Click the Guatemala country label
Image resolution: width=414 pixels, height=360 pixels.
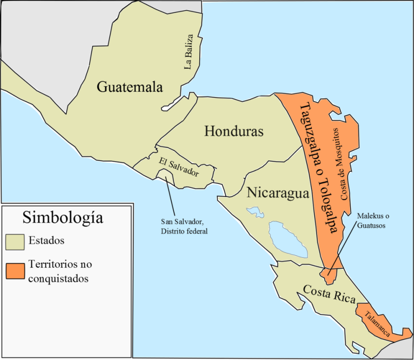pos(130,87)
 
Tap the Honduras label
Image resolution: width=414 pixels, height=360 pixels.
pos(234,131)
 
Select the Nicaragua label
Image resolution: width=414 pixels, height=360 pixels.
pos(277,193)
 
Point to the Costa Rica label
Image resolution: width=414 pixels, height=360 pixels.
pos(329,293)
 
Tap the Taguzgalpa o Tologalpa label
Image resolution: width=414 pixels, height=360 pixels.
pos(317,168)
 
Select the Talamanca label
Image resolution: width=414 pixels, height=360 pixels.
pos(375,321)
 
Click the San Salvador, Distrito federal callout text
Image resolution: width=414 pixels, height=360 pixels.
pos(183,227)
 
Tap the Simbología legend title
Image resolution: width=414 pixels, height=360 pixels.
pos(62,218)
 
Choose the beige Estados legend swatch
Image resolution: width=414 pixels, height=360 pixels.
pos(15,241)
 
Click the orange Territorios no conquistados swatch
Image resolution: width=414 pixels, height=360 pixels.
pos(15,270)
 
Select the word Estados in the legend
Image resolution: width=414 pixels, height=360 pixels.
pos(47,240)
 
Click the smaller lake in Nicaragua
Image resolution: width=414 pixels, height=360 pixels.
pos(255,212)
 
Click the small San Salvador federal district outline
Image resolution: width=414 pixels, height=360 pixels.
pos(164,174)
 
